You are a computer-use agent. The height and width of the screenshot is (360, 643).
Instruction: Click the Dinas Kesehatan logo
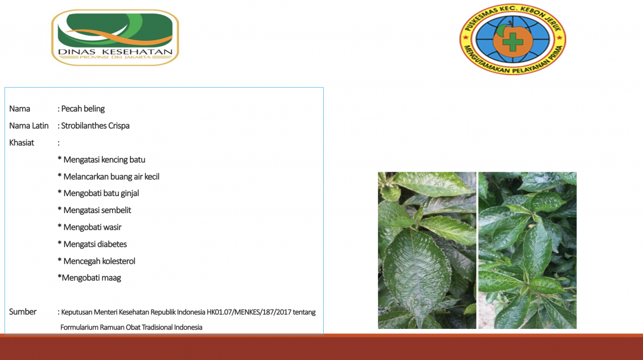point(115,37)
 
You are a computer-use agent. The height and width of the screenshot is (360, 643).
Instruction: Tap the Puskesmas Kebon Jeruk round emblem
point(512,40)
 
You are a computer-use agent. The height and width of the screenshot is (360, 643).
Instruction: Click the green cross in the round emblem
point(512,41)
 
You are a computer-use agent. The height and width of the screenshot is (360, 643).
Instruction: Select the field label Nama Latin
point(29,126)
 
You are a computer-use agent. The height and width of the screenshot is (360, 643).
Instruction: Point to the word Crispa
point(119,126)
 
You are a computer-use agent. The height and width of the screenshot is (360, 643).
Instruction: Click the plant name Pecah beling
point(83,109)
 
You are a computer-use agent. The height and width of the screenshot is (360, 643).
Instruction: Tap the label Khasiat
point(21,142)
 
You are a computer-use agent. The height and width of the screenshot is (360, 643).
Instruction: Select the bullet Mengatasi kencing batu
point(101,160)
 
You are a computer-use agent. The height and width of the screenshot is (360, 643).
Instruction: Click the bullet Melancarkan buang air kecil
point(108,177)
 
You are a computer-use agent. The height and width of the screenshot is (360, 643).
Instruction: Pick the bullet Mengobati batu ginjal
point(98,193)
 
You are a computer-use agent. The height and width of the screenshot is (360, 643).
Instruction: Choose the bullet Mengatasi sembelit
point(94,210)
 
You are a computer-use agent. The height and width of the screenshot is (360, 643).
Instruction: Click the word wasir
point(112,227)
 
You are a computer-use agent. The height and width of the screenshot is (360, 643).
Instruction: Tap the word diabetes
point(112,244)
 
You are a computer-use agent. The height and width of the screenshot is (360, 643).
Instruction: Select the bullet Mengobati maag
point(89,278)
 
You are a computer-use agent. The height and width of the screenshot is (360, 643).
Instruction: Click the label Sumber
point(23,311)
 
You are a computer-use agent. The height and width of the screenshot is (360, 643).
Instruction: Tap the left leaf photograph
point(427,250)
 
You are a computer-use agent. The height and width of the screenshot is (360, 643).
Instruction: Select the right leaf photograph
point(527,250)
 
